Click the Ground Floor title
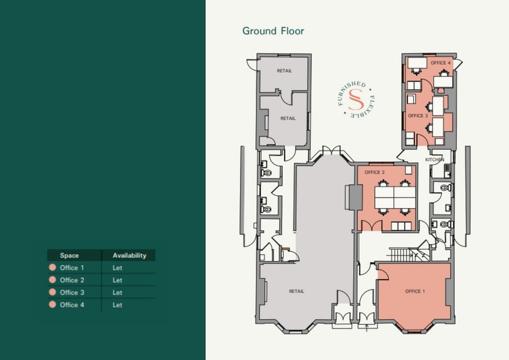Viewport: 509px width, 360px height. coord(273,31)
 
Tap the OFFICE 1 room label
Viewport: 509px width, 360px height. coord(414,291)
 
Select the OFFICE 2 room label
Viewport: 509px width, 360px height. coord(374,173)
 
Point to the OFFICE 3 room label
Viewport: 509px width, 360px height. coord(417,116)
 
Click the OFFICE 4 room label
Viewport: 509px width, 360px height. coord(440,63)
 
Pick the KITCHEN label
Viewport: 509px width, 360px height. coord(435,160)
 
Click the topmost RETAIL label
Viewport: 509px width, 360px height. coord(284,71)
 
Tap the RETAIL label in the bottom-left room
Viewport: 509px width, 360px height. coord(297,291)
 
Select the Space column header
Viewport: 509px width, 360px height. coord(69,255)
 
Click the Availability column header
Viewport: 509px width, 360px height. coord(129,255)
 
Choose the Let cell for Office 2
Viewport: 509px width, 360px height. coord(117,280)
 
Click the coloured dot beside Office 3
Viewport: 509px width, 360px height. coord(52,293)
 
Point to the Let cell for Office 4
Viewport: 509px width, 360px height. coord(117,305)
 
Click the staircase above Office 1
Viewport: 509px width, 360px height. coord(401,253)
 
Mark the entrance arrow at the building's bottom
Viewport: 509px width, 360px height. coord(366,327)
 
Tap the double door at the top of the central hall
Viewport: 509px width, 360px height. coord(332,151)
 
